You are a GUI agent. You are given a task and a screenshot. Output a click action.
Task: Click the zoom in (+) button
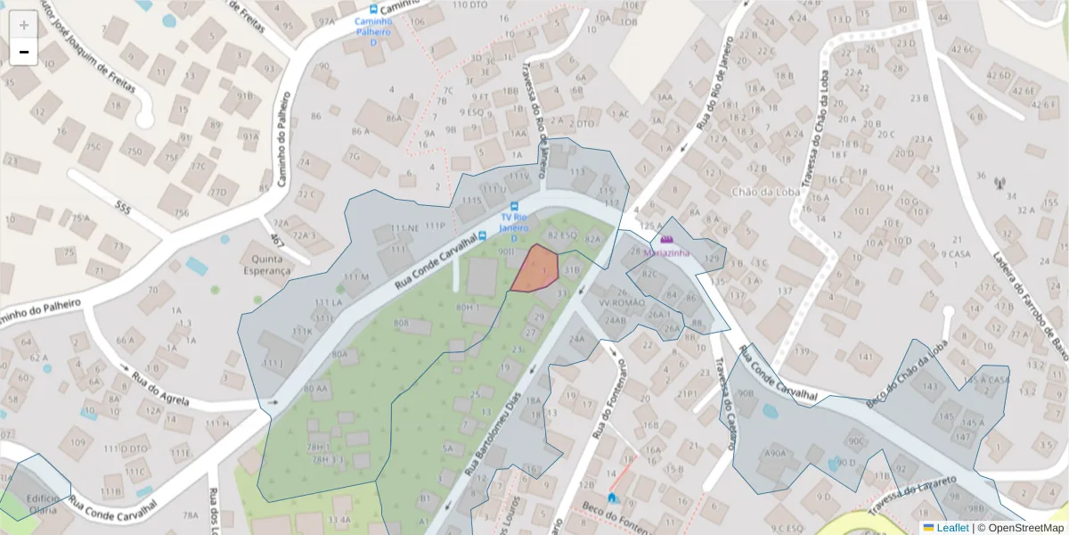tap(24, 24)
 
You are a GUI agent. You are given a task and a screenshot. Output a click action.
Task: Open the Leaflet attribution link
tap(951, 528)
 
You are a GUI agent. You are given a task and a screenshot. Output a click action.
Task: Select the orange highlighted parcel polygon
tap(535, 268)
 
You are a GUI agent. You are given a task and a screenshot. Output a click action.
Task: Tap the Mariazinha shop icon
tap(666, 240)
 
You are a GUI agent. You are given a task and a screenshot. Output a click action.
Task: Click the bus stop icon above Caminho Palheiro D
tap(373, 9)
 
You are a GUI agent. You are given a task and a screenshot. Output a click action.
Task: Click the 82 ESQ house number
tap(562, 235)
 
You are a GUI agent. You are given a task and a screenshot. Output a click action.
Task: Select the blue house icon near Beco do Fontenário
tap(612, 498)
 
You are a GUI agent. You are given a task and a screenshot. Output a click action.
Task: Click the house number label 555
tap(123, 208)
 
